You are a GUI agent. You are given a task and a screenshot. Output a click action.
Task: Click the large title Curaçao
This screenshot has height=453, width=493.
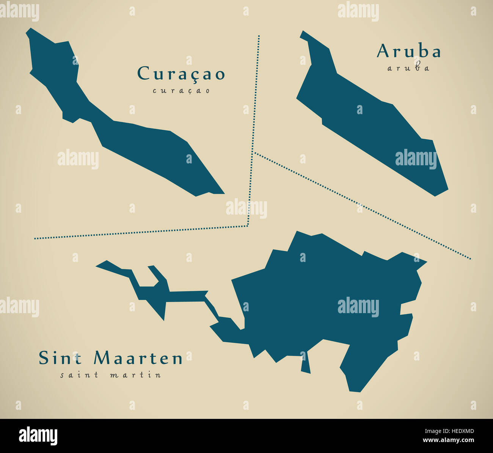[x=181, y=74]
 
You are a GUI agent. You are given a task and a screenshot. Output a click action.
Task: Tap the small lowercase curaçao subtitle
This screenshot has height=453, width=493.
[x=181, y=91]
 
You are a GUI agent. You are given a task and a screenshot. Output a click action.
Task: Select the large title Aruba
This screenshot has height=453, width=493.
[x=408, y=52]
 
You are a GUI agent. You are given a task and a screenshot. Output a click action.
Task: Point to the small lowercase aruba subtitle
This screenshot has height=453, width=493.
[x=408, y=68]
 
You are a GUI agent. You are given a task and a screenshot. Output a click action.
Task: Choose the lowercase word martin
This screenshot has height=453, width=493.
[x=135, y=375]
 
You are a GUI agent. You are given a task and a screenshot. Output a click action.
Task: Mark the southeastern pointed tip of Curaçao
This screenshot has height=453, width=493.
[x=223, y=193]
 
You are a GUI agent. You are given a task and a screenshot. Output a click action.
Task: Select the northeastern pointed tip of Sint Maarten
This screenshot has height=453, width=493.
[x=425, y=262]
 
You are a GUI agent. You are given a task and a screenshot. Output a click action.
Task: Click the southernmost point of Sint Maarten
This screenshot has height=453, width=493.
[x=355, y=390]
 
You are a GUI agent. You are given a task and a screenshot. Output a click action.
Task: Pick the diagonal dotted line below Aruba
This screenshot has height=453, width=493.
[x=360, y=205]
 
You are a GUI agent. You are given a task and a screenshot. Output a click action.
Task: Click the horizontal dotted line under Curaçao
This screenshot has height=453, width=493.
[x=140, y=233]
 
